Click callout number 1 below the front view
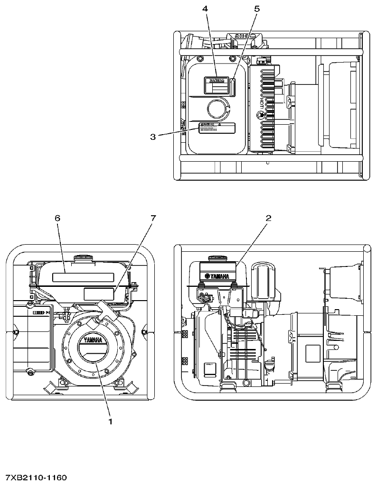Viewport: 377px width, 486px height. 110,420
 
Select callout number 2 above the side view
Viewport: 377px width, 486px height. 268,218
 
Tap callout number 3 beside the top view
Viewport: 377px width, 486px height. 153,137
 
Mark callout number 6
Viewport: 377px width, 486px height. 57,218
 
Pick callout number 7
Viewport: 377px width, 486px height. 152,218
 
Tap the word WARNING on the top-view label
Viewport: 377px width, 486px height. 217,81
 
